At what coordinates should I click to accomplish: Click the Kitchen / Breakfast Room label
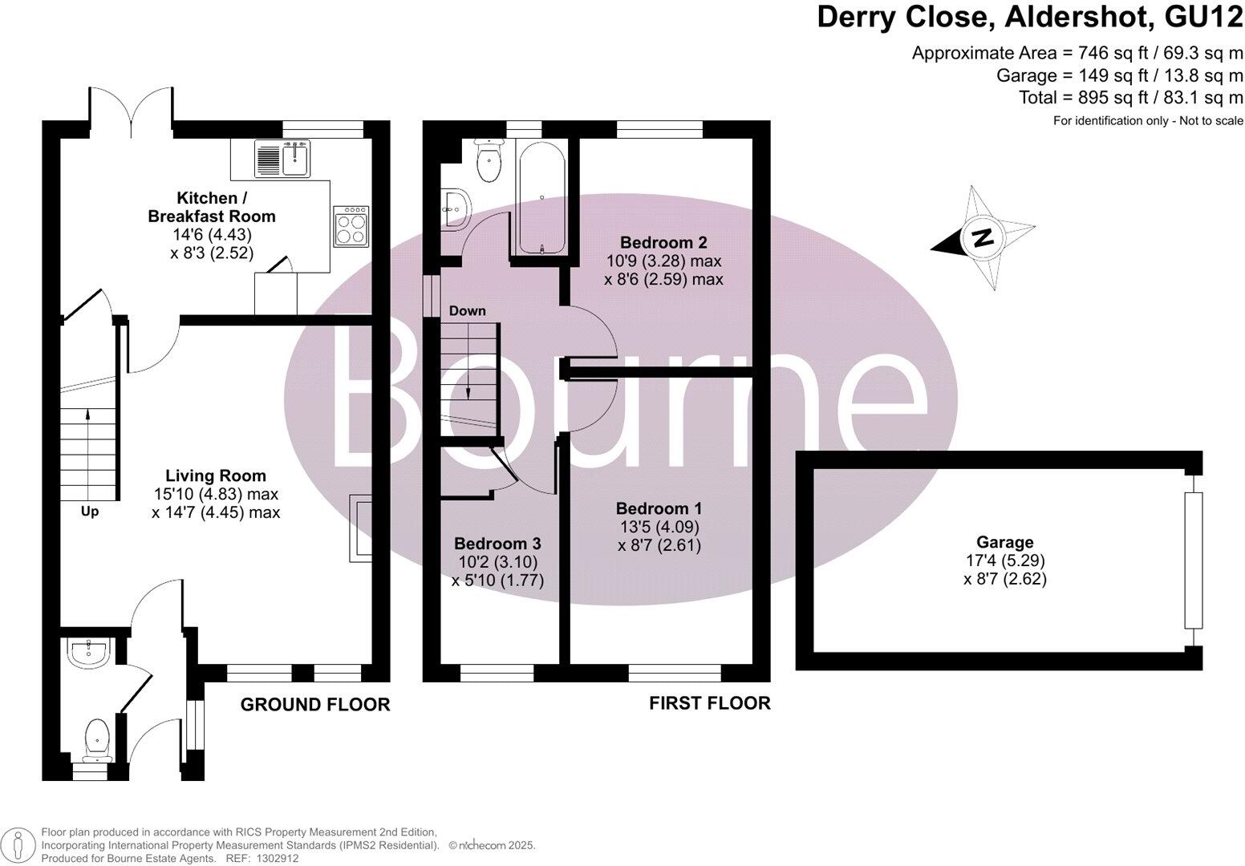point(211,207)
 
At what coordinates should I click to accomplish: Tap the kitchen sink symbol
point(282,158)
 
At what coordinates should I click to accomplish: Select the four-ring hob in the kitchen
point(352,225)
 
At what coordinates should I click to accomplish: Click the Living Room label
point(215,475)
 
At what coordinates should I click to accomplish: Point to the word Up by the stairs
point(89,512)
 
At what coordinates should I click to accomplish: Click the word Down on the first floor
point(467,311)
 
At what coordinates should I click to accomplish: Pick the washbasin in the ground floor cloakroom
point(88,654)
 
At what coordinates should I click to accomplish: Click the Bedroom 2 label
point(663,242)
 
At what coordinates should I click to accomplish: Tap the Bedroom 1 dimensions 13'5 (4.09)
point(659,528)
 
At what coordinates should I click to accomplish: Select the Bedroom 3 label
point(497,543)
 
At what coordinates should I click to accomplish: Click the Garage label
point(1004,543)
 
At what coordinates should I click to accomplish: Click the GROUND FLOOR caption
point(315,705)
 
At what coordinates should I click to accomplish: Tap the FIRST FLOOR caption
point(709,703)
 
